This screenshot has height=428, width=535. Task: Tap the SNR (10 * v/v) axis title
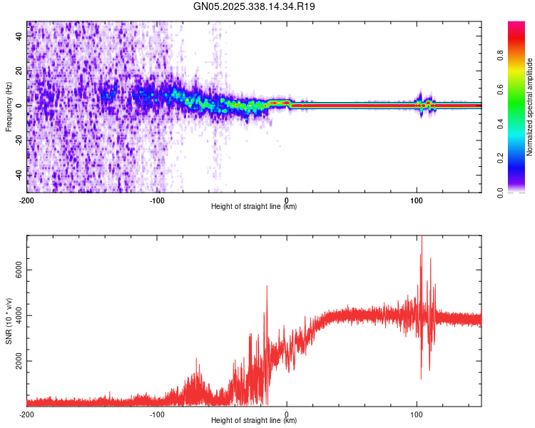pyautogui.click(x=9, y=321)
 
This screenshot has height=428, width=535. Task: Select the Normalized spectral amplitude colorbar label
pyautogui.click(x=530, y=107)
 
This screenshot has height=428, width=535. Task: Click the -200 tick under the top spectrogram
pyautogui.click(x=27, y=200)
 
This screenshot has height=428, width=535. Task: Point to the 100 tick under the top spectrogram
pyautogui.click(x=417, y=200)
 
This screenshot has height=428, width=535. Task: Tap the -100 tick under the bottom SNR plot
pyautogui.click(x=157, y=414)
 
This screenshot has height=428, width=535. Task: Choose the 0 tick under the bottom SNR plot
pyautogui.click(x=287, y=414)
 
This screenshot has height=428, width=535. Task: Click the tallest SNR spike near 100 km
pyautogui.click(x=422, y=239)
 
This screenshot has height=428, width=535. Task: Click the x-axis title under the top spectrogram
pyautogui.click(x=254, y=207)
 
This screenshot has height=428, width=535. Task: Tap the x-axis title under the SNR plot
pyautogui.click(x=254, y=421)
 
